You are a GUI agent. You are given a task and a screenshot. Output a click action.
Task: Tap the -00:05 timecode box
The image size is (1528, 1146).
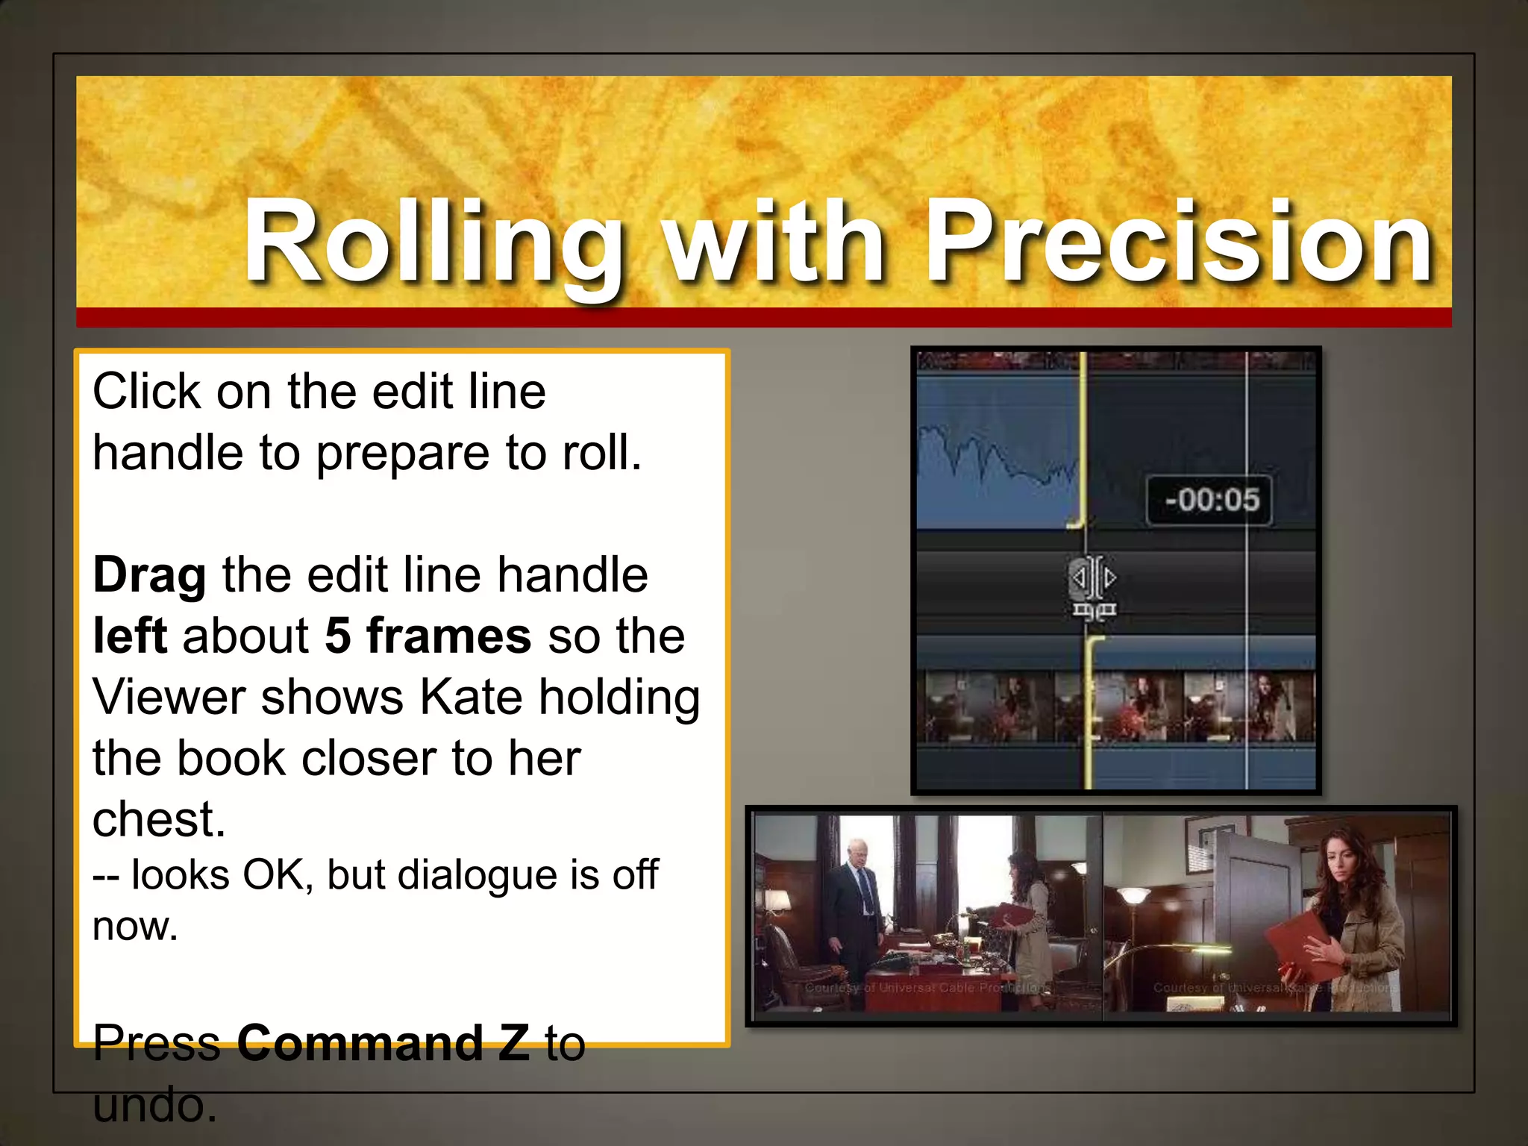tap(1209, 500)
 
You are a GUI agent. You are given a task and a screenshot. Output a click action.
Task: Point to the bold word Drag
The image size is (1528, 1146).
tap(149, 576)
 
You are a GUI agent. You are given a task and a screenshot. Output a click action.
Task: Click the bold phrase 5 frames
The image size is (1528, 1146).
tap(428, 636)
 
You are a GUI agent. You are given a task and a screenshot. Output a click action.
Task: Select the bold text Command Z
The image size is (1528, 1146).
tap(383, 1042)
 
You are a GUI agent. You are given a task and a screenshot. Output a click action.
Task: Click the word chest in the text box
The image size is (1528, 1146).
tap(157, 819)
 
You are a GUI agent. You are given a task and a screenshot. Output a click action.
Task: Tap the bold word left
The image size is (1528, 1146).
tap(129, 636)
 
